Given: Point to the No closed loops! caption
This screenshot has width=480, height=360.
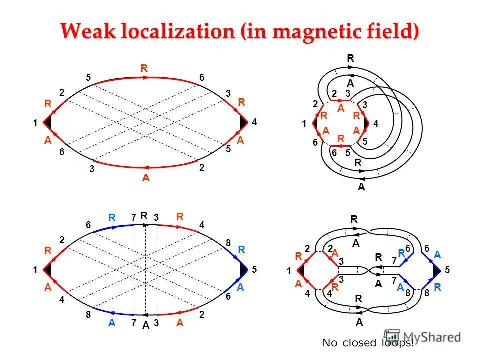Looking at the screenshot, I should (x=368, y=343).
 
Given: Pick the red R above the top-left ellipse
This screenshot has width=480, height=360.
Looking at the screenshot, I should (x=144, y=69).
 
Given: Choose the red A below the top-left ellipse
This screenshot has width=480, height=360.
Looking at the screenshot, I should (x=146, y=178).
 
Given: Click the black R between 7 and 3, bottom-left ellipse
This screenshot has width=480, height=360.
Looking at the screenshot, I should (x=144, y=216).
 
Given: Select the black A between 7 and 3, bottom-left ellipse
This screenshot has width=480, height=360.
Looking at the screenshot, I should (x=145, y=325).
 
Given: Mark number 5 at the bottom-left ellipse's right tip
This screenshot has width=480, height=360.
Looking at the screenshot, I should (x=254, y=270).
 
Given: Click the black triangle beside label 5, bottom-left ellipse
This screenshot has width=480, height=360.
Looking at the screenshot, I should (x=243, y=270).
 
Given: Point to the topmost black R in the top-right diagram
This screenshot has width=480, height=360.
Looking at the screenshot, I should (x=351, y=59).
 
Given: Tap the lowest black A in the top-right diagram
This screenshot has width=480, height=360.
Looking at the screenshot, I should (x=361, y=188).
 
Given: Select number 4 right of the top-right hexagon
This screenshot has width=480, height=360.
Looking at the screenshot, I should (x=376, y=123).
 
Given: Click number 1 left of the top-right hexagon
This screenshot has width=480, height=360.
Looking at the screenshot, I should (x=304, y=123).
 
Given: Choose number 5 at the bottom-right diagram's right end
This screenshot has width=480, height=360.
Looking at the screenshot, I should (x=447, y=270).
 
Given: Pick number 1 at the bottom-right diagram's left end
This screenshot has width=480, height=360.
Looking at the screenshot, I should (x=289, y=271).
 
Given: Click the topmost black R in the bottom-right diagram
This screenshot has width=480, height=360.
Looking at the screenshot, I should (x=354, y=219).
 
